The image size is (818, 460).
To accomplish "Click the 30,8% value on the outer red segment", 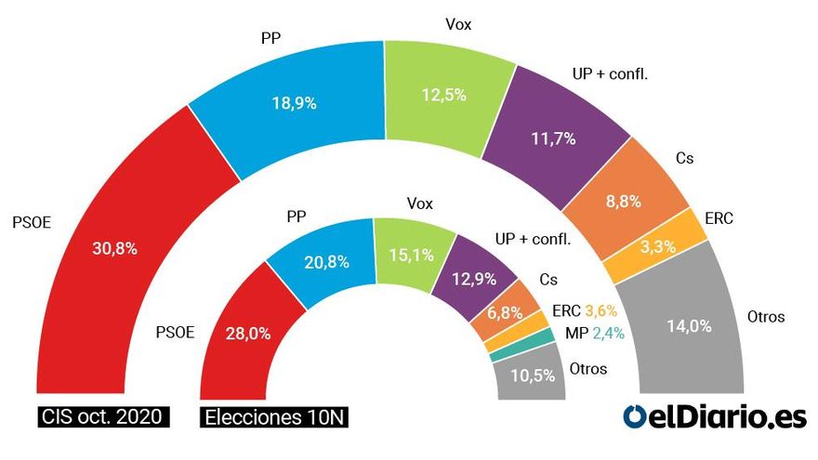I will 117,249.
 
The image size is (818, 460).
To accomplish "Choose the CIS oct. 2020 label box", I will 104,417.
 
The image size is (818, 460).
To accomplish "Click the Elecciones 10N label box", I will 273,417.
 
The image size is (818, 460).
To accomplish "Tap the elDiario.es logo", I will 714,417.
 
